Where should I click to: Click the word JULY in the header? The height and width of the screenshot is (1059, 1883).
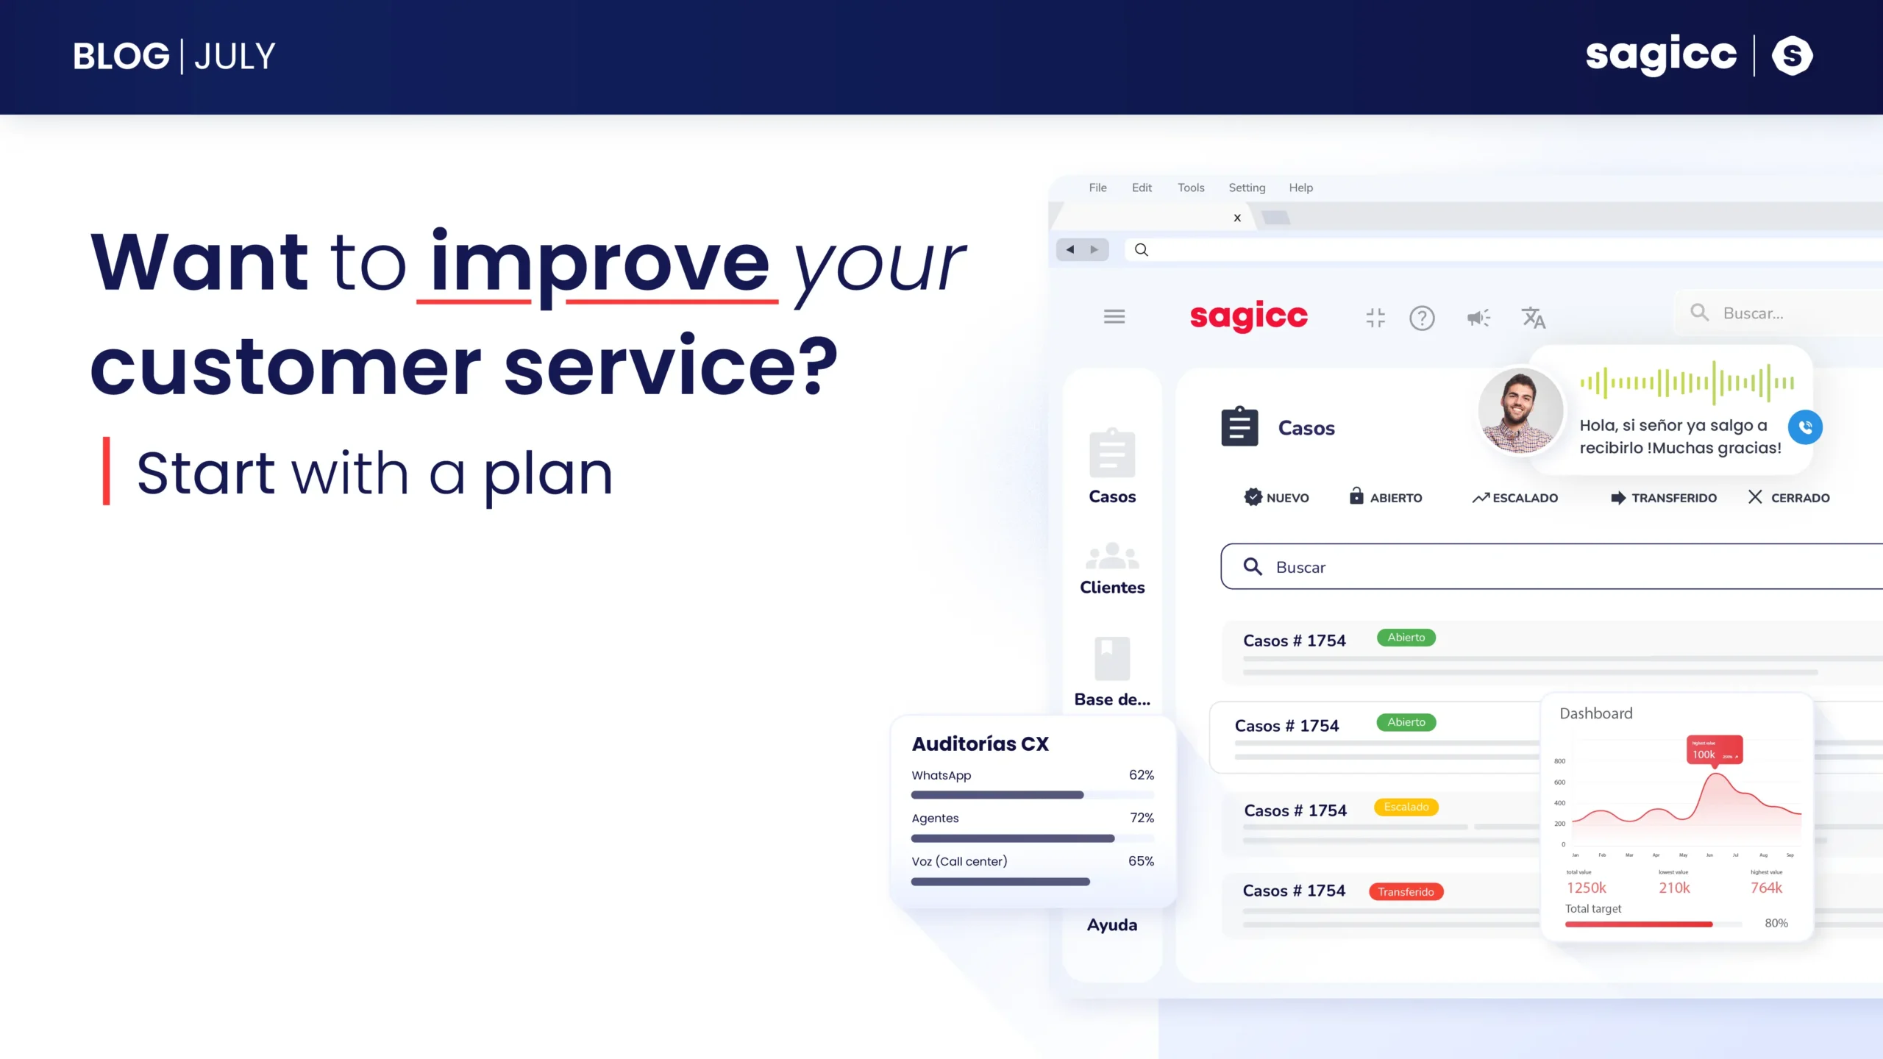[235, 57]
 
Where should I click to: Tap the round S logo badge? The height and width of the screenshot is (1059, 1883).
[1792, 55]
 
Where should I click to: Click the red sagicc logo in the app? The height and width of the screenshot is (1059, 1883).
[1248, 316]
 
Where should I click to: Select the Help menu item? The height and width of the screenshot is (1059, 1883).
[1300, 188]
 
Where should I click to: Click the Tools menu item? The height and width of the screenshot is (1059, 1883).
[1191, 188]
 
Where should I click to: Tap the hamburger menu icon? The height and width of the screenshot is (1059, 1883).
[1114, 316]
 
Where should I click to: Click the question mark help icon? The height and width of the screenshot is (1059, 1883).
[1422, 318]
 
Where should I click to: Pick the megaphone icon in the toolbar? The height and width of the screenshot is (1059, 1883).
[1478, 318]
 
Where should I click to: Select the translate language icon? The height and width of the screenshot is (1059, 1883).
[1534, 318]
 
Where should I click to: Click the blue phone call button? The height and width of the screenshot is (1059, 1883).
[1805, 427]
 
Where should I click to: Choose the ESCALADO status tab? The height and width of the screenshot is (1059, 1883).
[1515, 498]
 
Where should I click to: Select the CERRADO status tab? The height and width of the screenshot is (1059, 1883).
[1789, 498]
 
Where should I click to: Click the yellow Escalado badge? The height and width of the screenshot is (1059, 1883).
[1406, 807]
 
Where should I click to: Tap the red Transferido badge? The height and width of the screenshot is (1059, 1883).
[1406, 891]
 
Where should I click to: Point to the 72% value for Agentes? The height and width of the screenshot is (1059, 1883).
[1142, 818]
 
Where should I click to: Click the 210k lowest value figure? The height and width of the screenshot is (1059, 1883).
[1674, 888]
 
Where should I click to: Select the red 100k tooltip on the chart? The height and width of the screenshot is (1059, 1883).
[1714, 750]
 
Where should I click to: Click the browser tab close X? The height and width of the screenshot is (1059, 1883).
[1237, 218]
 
